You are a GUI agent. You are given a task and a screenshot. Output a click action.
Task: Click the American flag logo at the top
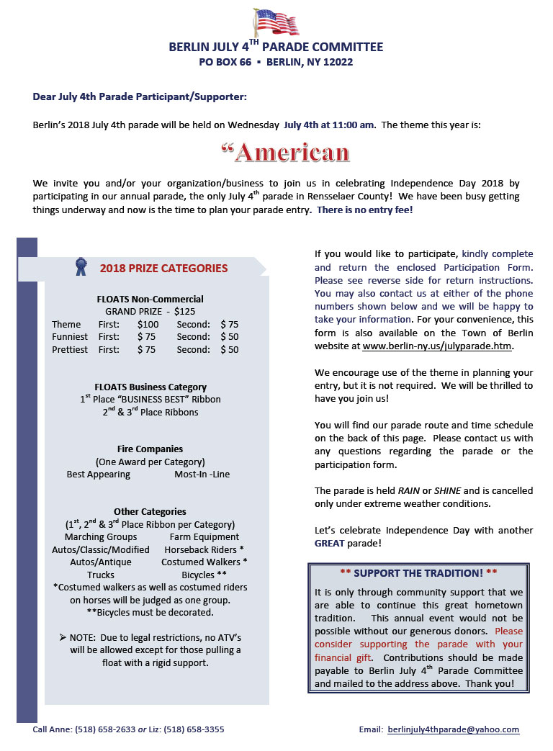tap(276, 22)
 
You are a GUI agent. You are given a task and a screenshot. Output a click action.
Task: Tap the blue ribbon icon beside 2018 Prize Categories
tap(81, 267)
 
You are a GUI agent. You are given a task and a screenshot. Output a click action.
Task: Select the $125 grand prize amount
tap(185, 312)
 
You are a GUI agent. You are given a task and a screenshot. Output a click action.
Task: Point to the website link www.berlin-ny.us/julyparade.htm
tap(437, 346)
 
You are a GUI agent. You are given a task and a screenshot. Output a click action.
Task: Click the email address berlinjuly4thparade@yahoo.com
tap(453, 729)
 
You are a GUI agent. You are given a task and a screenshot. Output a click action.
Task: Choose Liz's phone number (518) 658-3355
tap(194, 729)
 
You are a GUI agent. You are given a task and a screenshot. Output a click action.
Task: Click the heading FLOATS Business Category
tap(150, 387)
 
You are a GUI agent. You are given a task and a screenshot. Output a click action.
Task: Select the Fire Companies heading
tap(150, 449)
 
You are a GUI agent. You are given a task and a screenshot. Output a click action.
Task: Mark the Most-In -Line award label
tap(202, 475)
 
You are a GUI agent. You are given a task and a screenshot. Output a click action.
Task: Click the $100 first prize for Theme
tap(148, 325)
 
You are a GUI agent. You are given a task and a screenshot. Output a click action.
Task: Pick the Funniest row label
tap(70, 337)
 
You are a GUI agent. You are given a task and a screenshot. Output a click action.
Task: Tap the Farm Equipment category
tap(204, 536)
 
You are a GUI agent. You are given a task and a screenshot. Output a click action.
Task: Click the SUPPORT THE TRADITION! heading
tap(418, 572)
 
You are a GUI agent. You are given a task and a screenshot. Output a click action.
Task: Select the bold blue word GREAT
tap(330, 544)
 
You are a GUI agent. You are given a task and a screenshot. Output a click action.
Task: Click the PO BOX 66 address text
tap(225, 63)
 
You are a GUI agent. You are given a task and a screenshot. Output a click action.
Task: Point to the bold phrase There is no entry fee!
tap(365, 210)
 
